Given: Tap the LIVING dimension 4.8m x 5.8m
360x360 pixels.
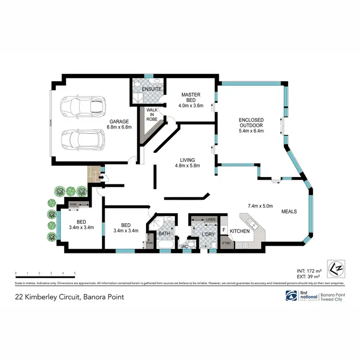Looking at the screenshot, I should click(x=187, y=166).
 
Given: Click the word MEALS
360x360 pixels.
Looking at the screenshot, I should click(x=289, y=211).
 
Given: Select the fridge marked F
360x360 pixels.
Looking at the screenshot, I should click(x=224, y=229).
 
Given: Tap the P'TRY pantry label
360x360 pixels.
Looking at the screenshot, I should click(x=225, y=244).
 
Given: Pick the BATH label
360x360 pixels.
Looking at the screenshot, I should click(x=165, y=234).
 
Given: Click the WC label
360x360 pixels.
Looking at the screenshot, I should click(x=184, y=247).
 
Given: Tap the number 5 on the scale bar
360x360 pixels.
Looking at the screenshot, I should click(x=74, y=273).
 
